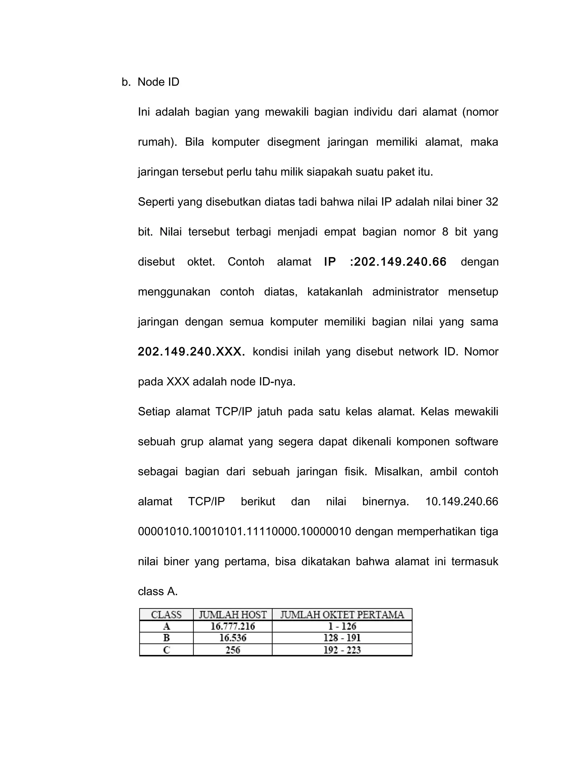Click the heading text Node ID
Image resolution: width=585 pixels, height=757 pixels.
tap(158, 82)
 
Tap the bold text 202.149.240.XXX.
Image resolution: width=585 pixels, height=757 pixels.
tap(191, 352)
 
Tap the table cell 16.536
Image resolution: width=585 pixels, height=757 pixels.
tap(233, 638)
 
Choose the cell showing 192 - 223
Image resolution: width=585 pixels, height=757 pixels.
tap(342, 650)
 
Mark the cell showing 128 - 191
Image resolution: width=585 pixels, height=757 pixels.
tap(342, 638)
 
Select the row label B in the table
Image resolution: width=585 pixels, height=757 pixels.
tap(166, 638)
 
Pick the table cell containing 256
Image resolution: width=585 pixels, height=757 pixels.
tap(233, 650)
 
